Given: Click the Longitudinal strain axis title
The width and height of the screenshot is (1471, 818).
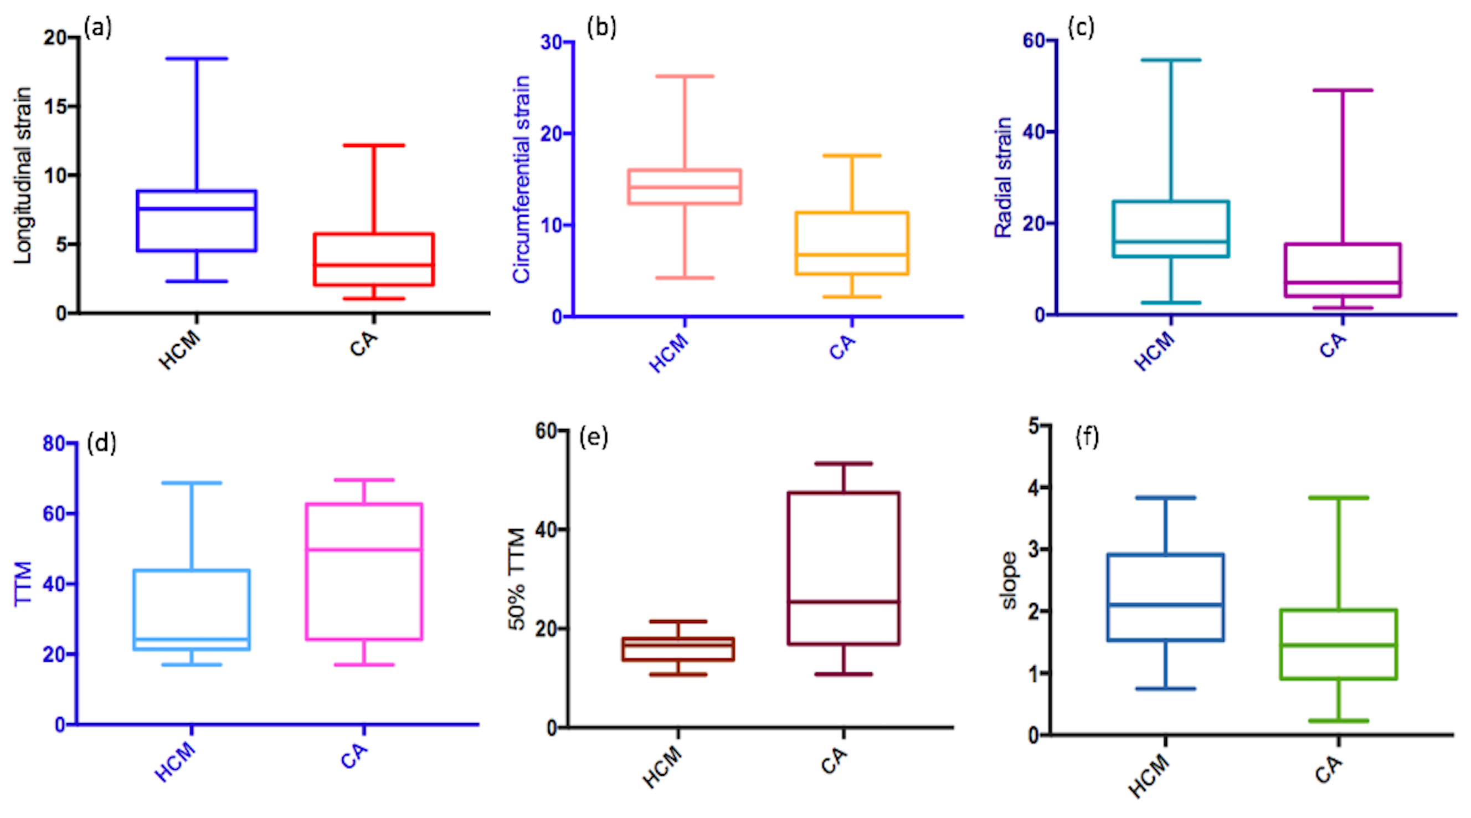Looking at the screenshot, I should (23, 175).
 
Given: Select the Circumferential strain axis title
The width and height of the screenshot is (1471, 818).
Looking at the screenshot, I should (522, 180).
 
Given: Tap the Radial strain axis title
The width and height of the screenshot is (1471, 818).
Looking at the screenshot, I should (1004, 178).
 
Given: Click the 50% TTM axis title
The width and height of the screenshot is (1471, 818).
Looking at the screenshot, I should (517, 579).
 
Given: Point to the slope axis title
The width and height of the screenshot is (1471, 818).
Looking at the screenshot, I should (1009, 580).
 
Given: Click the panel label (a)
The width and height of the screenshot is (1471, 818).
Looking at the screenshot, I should (97, 27).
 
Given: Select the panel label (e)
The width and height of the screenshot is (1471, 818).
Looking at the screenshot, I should (593, 438).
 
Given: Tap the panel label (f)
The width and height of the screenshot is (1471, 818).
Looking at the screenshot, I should (1087, 438).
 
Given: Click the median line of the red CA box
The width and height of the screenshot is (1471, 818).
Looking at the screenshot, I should (374, 265).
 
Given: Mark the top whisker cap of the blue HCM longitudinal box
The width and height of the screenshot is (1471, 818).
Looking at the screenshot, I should (197, 58).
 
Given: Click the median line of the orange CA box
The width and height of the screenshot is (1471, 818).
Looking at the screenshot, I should (852, 255).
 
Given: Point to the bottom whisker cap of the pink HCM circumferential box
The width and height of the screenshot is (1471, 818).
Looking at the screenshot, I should (685, 278).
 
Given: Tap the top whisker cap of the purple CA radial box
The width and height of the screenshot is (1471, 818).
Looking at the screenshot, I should (1343, 90).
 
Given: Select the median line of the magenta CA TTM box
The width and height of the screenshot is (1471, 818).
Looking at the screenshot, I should (364, 550).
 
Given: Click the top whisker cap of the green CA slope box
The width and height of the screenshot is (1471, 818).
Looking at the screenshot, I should (1339, 498).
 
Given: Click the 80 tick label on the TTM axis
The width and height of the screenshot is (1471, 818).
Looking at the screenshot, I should (54, 443).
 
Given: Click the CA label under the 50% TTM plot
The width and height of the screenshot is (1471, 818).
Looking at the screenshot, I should (834, 760).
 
